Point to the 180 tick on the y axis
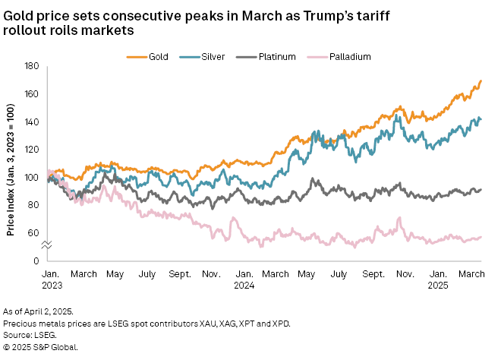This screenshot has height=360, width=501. coord(33,67)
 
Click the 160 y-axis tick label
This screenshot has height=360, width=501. coord(33,94)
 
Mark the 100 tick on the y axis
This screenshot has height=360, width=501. coord(33,178)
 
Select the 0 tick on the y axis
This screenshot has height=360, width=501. coord(37,261)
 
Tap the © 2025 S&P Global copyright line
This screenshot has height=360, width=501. coord(41,346)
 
